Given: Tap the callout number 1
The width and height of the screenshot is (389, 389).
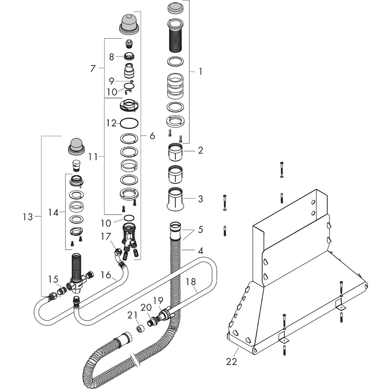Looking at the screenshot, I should (200, 71).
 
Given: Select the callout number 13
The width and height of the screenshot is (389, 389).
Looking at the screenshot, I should (28, 217).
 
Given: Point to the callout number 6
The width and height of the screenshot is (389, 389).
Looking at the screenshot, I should (152, 136).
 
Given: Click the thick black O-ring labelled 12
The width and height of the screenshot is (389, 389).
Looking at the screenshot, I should (130, 123).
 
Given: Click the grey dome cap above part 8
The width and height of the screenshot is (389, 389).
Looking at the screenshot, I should (130, 24).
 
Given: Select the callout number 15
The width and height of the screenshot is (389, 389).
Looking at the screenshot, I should (53, 279).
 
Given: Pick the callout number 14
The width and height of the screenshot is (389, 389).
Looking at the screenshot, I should (53, 212).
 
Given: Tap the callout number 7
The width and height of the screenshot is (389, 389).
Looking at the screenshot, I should (93, 68).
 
